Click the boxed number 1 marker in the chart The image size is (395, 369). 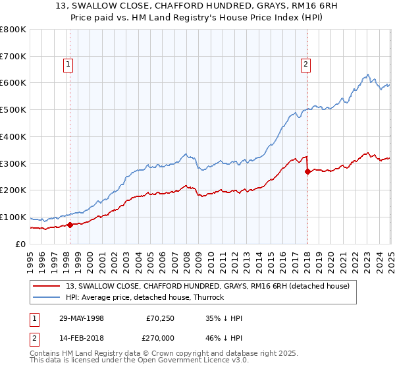pos(68,65)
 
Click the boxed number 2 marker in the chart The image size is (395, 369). pos(307,65)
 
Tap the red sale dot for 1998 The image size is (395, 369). pos(70,225)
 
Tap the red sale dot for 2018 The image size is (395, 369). pos(307,171)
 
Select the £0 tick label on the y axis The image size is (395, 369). pos(21,244)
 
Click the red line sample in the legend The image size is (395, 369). pos(48,285)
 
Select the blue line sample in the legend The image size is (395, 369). pos(48,297)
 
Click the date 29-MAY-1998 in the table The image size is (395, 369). pos(82,318)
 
